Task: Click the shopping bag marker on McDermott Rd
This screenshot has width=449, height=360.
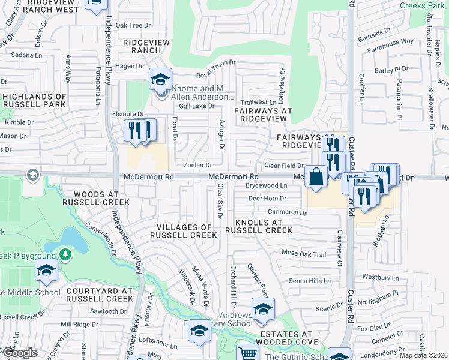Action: coord(316,177)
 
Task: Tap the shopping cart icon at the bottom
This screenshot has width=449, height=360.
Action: coord(247,353)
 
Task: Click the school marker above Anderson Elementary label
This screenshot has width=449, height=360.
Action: coord(160,80)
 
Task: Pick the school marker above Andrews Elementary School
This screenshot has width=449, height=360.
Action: coord(262,309)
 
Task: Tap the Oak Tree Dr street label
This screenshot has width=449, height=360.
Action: coord(133,25)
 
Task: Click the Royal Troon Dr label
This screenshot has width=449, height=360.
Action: coord(220,74)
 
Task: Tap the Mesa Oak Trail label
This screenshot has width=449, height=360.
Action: coord(304,254)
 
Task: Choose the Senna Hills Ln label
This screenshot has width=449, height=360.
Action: coord(310,281)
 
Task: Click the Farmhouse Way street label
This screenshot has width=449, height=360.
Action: coord(391,42)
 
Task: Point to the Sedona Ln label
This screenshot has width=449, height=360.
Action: coord(21,55)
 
